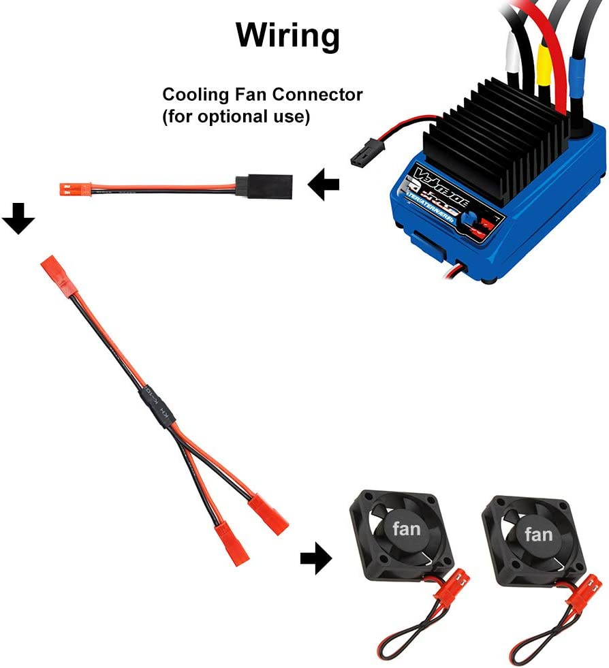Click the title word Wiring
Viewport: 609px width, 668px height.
(x=287, y=35)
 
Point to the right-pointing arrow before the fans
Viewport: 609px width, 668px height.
(x=315, y=559)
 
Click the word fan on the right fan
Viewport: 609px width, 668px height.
(x=539, y=534)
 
